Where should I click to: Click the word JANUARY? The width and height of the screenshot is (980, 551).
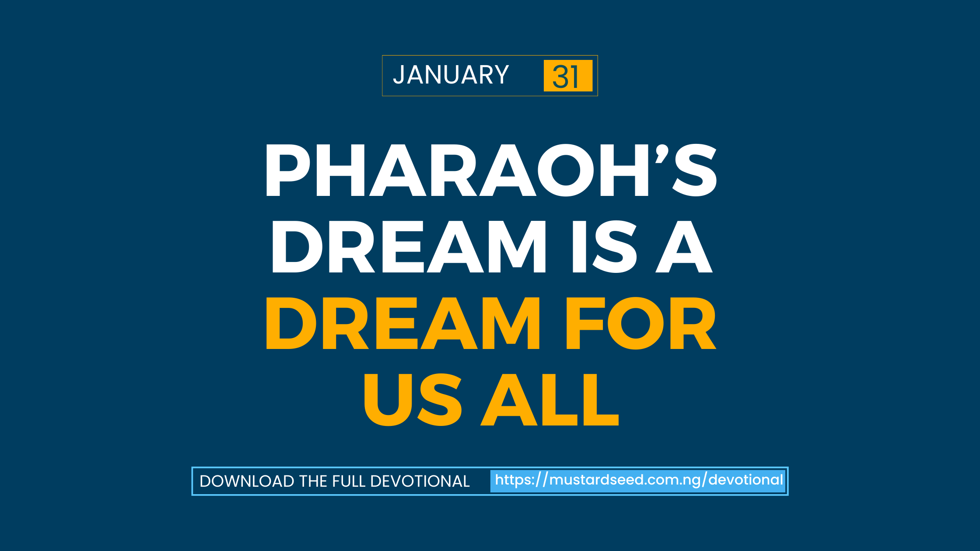[x=451, y=75]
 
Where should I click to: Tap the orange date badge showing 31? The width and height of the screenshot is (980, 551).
[x=568, y=76]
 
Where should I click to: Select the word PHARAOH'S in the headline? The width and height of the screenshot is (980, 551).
[x=491, y=170]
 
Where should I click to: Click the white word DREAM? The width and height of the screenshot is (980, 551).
[x=409, y=247]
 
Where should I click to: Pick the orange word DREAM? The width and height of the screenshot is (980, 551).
[x=403, y=323]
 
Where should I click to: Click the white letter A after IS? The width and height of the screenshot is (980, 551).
[x=684, y=247]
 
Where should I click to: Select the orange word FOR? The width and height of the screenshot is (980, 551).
[x=641, y=323]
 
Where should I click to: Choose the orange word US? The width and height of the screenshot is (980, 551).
[x=413, y=400]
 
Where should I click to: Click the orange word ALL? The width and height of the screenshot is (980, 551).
[x=550, y=400]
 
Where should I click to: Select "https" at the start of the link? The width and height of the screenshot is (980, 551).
[x=512, y=480]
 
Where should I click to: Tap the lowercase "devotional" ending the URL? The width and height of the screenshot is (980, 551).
[x=745, y=480]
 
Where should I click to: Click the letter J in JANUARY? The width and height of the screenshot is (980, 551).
[x=398, y=75]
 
